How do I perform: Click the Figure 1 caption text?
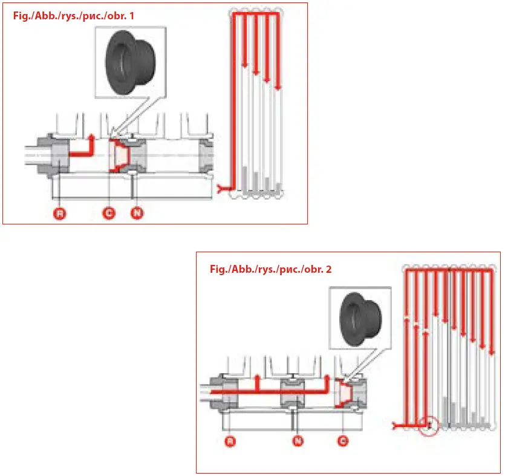coord(73,16)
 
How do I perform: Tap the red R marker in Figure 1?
coord(59,213)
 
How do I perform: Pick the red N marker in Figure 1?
coord(137,213)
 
